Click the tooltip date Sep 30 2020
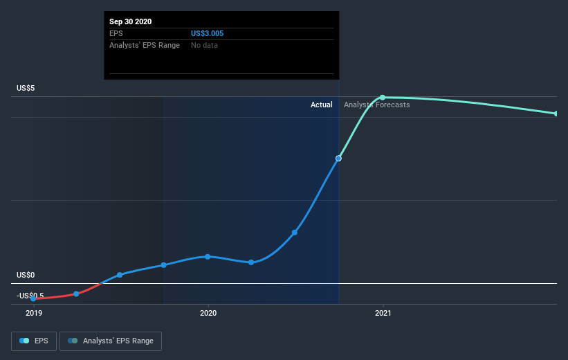coord(130,21)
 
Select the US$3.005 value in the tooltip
coord(208,33)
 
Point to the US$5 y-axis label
coord(27,88)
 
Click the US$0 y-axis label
coord(27,275)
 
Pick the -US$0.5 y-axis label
coord(30,296)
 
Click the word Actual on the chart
coord(321,105)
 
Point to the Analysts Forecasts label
coord(377,105)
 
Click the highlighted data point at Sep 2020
coord(338,159)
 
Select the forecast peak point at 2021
coord(383,98)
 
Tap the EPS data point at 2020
coord(208,257)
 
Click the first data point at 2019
coord(33,298)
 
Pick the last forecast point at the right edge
coord(556,114)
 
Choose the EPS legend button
coord(34,341)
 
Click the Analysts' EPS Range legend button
coord(111,341)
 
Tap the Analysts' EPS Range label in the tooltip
coord(145,46)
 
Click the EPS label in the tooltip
coord(116,33)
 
